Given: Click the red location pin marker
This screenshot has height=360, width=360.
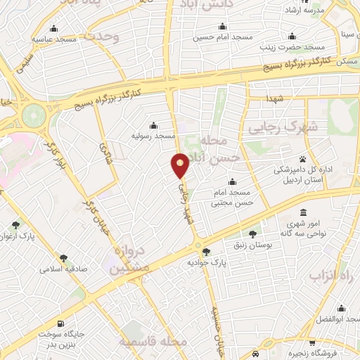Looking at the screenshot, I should coord(181,166).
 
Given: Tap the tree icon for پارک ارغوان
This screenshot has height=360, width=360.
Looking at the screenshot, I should coord(15,225).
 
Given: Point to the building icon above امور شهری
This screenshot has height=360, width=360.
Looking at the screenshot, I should coord(303,213).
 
